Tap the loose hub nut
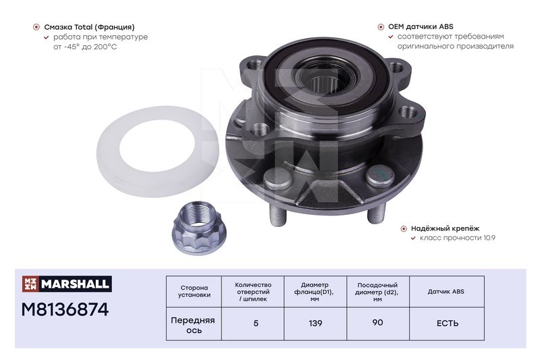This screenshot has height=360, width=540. tap(198, 228)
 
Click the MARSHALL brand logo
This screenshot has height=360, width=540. tap(67, 284)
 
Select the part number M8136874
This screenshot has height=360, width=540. tap(65, 309)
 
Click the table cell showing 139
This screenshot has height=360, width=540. tap(315, 324)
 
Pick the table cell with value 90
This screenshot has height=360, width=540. tap(378, 323)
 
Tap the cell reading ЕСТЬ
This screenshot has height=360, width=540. tap(448, 324)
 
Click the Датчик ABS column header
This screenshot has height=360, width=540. tap(446, 292)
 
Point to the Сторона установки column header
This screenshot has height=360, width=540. tap(194, 291)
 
